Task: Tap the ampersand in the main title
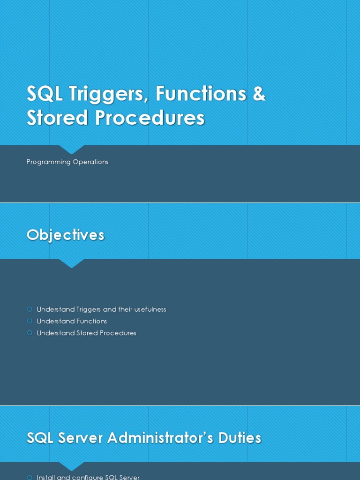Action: [x=259, y=93]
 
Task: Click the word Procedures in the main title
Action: [x=150, y=118]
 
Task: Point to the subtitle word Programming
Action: [x=48, y=162]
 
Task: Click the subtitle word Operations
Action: [x=90, y=162]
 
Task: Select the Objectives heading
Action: [x=65, y=235]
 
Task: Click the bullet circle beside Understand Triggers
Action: [x=30, y=309]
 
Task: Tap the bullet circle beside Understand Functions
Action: [x=30, y=321]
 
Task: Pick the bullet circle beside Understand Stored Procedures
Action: [x=30, y=333]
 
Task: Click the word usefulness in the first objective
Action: [x=150, y=309]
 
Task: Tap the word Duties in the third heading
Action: [x=240, y=438]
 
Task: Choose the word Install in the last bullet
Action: [x=46, y=477]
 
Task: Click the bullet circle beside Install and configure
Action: [x=30, y=477]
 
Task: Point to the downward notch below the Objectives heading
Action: [x=72, y=263]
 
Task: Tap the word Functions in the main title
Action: [x=201, y=93]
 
